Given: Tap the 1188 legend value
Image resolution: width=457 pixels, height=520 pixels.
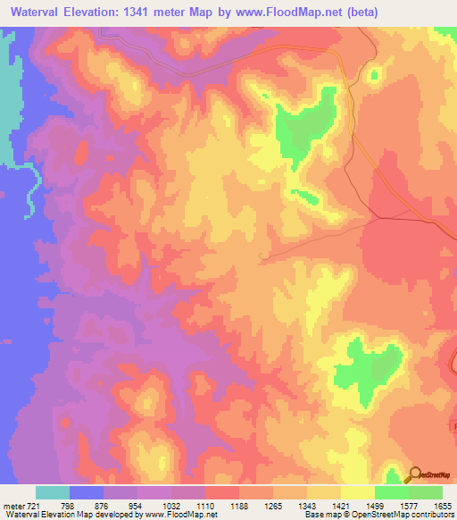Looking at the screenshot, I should (239, 506).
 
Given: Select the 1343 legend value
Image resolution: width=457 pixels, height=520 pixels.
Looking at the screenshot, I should (307, 506).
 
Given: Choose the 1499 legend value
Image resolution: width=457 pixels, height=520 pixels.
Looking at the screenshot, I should (375, 506).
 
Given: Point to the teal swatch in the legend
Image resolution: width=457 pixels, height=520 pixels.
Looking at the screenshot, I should (53, 492).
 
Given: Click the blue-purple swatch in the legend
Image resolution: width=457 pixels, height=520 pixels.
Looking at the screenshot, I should (87, 492).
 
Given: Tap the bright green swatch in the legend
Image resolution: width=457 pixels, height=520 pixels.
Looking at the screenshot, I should (392, 492).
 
